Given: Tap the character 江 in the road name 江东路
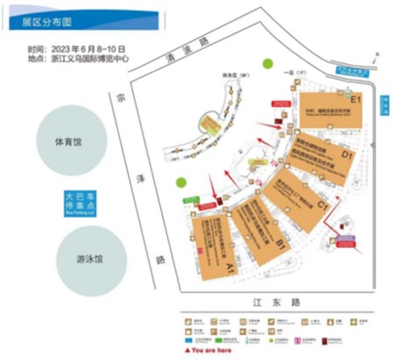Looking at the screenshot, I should pyautogui.click(x=253, y=300).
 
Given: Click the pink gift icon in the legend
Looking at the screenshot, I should pyautogui.click(x=303, y=337).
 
